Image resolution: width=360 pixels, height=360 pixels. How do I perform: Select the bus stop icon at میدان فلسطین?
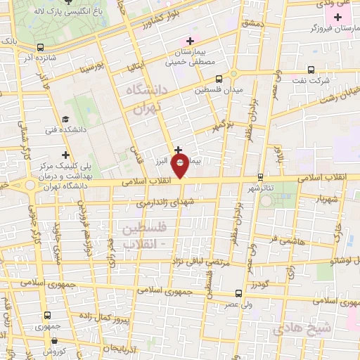[220, 79]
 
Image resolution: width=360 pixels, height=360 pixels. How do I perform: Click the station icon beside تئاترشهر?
[261, 177]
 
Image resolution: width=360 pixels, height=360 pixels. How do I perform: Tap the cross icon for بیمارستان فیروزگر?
[337, 16]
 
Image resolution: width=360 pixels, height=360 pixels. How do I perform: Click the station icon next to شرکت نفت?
[313, 70]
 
